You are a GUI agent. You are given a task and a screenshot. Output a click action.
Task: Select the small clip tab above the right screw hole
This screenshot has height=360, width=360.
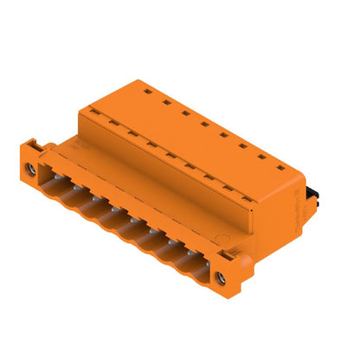(x=227, y=257)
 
